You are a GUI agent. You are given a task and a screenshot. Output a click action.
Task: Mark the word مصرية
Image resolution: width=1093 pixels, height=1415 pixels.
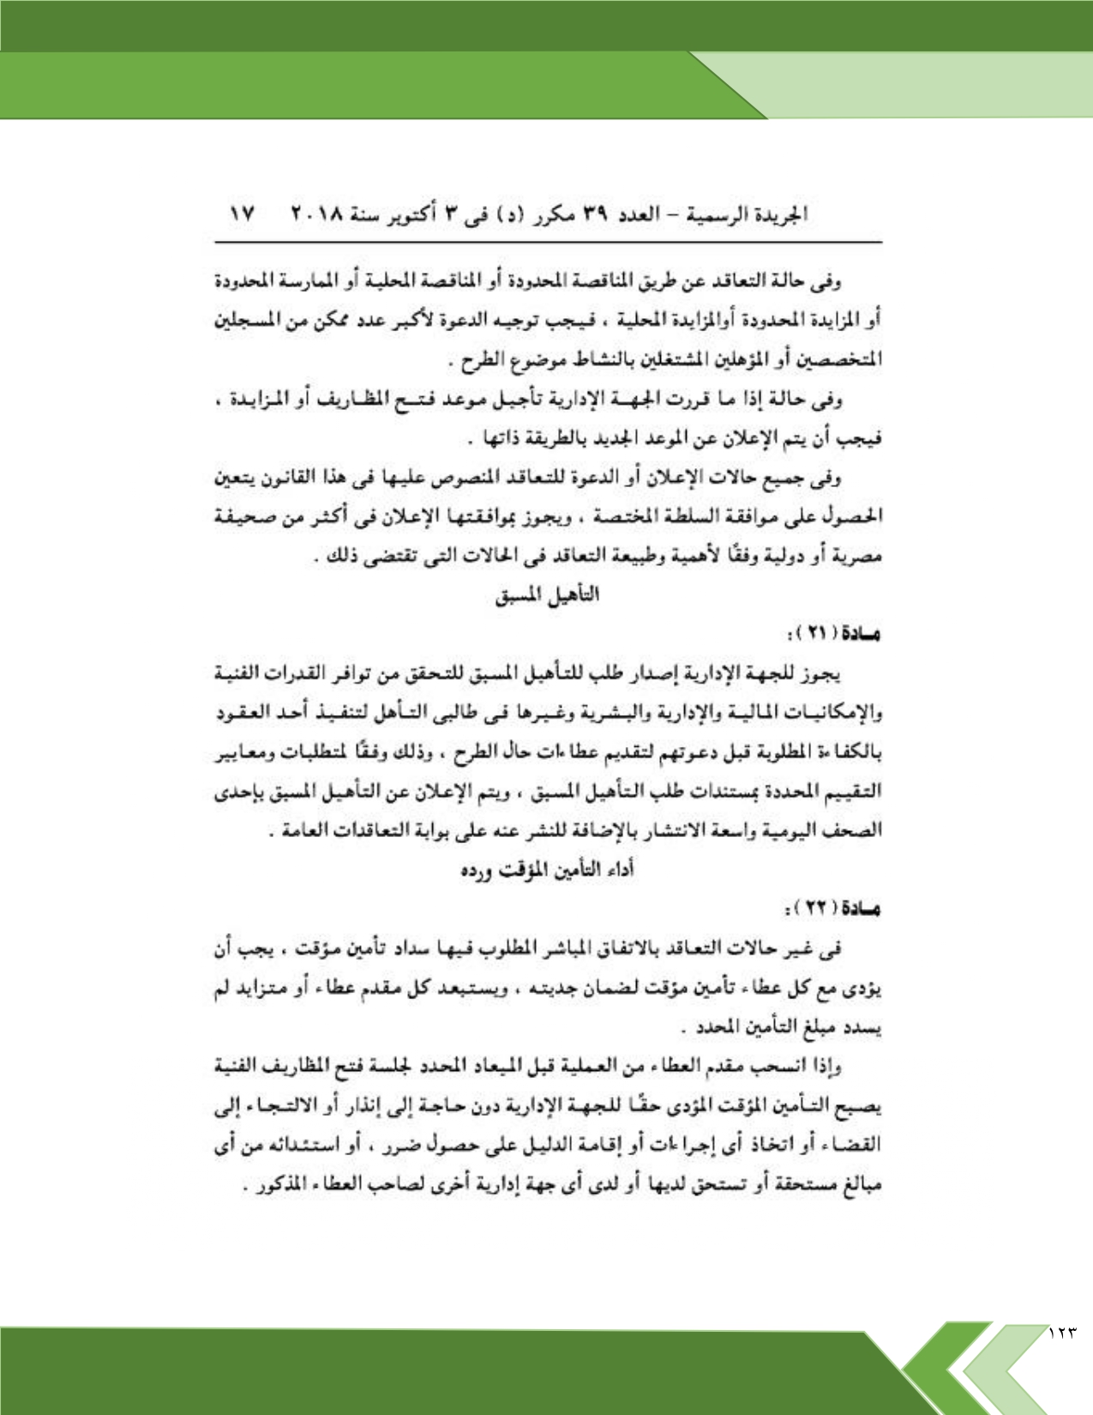coord(856,556)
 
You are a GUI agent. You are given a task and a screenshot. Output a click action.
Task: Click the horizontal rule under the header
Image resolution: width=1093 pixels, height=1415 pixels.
coord(549,243)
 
